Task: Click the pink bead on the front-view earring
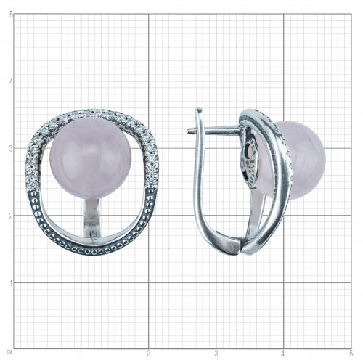91,158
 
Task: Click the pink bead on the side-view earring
303,160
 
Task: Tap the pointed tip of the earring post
188,131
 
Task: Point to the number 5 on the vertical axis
11,15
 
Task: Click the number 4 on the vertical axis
11,81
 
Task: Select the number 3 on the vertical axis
11,149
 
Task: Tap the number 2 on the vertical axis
11,216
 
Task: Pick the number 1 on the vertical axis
11,283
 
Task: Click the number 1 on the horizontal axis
81,354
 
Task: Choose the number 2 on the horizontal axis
148,354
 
